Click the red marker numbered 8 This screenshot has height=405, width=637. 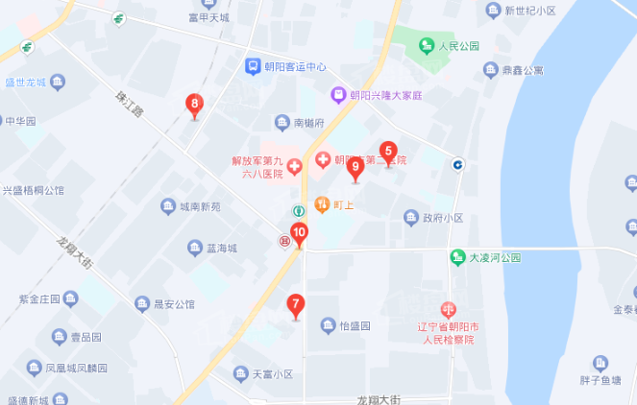click(195, 104)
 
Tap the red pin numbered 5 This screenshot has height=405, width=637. click(388, 151)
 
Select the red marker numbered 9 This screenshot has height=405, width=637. click(355, 168)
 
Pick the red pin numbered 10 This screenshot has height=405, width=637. click(300, 232)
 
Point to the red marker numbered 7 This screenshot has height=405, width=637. click(296, 305)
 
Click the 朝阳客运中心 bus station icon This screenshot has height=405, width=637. click(251, 66)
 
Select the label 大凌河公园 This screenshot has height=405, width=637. click(494, 258)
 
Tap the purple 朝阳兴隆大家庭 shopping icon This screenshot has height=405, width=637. click(337, 95)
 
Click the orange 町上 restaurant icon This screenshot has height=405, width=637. click(321, 203)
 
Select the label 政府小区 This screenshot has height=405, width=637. click(443, 217)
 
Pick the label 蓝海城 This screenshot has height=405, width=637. click(221, 248)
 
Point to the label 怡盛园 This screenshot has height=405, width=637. click(355, 326)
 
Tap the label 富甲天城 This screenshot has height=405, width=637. click(208, 17)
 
